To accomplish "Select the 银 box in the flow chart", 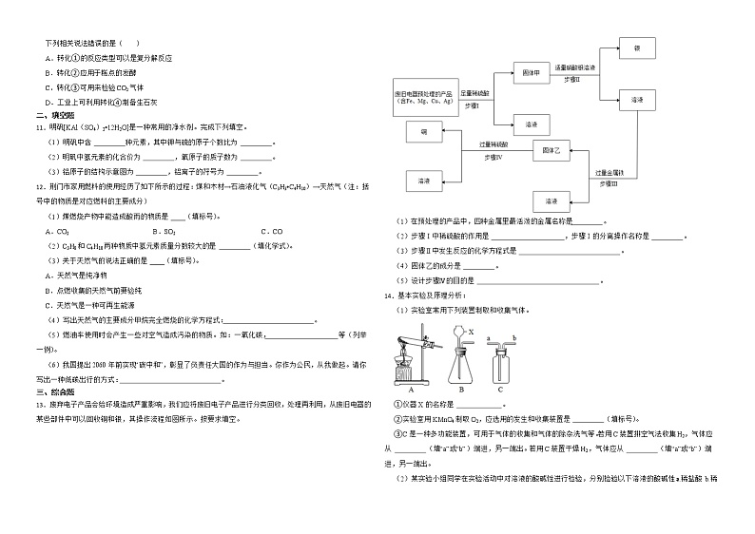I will (636, 48).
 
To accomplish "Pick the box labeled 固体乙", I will (551, 150).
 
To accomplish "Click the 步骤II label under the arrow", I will (572, 79).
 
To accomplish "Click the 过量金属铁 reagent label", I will (609, 172).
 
